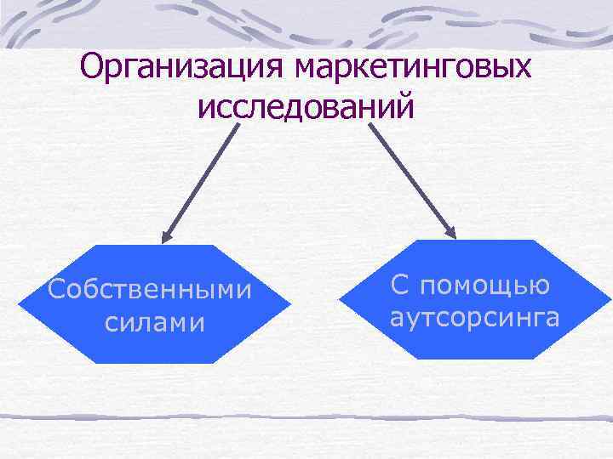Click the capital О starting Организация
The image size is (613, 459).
click(x=91, y=65)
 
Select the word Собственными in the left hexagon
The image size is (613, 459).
click(x=151, y=290)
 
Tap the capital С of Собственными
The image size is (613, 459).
click(x=57, y=290)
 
